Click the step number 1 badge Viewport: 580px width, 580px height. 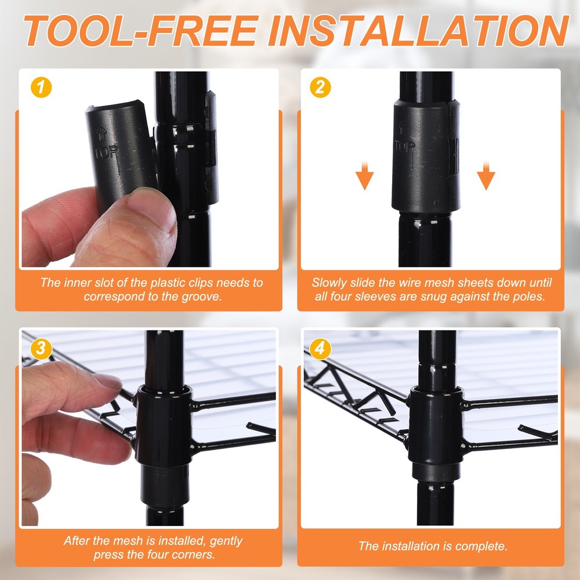click(x=41, y=88)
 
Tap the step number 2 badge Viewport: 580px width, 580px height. click(x=320, y=88)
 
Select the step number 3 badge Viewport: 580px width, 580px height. click(x=41, y=349)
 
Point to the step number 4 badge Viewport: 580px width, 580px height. click(x=320, y=349)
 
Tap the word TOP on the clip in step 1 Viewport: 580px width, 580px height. click(x=107, y=151)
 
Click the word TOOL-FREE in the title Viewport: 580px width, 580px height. click(x=141, y=30)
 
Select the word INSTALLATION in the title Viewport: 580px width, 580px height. click(x=419, y=30)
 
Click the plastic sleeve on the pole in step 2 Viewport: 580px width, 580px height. click(x=426, y=156)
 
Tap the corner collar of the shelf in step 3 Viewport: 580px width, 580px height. click(x=163, y=425)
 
